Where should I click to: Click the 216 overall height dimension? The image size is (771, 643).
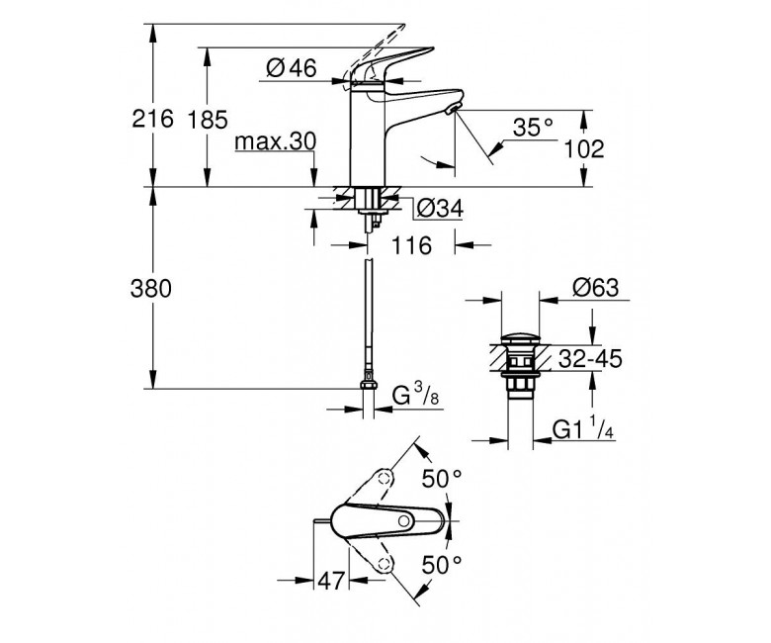(153, 119)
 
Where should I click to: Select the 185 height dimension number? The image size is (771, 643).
(208, 120)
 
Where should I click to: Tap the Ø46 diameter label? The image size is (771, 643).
(292, 67)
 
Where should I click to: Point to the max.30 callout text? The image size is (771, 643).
(276, 141)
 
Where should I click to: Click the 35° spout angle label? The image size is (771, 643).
(533, 128)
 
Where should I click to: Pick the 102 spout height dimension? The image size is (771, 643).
(583, 148)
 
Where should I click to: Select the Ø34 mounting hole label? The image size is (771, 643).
(440, 209)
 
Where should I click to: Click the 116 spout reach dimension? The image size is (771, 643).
(411, 245)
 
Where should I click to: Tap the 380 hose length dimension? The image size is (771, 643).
(151, 288)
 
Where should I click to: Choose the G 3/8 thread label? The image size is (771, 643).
(416, 395)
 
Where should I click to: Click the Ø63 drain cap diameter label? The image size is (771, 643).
(595, 287)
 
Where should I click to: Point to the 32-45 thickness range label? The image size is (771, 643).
(590, 359)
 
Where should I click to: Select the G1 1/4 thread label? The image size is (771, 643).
(583, 428)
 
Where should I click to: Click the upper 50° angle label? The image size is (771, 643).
(442, 478)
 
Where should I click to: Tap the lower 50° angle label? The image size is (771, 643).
(442, 564)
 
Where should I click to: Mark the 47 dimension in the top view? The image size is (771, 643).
(331, 581)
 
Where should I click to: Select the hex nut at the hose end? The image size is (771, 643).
(369, 384)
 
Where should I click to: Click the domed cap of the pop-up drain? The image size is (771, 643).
(520, 338)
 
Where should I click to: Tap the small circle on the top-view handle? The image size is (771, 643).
(404, 521)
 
